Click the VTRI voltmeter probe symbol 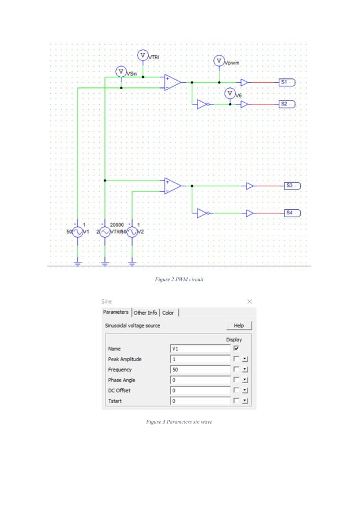click(x=143, y=55)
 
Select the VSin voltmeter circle click(x=121, y=72)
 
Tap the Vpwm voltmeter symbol click(x=219, y=61)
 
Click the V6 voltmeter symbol click(x=230, y=93)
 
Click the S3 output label click(x=291, y=186)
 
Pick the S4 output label click(x=291, y=213)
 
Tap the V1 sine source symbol click(x=78, y=232)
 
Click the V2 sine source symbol click(x=133, y=232)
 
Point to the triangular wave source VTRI click(x=105, y=232)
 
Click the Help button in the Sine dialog click(x=239, y=326)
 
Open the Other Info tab click(x=145, y=313)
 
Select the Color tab click(x=168, y=313)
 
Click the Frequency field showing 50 click(x=200, y=370)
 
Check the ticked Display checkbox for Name click(x=236, y=349)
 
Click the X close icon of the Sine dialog click(x=250, y=302)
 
